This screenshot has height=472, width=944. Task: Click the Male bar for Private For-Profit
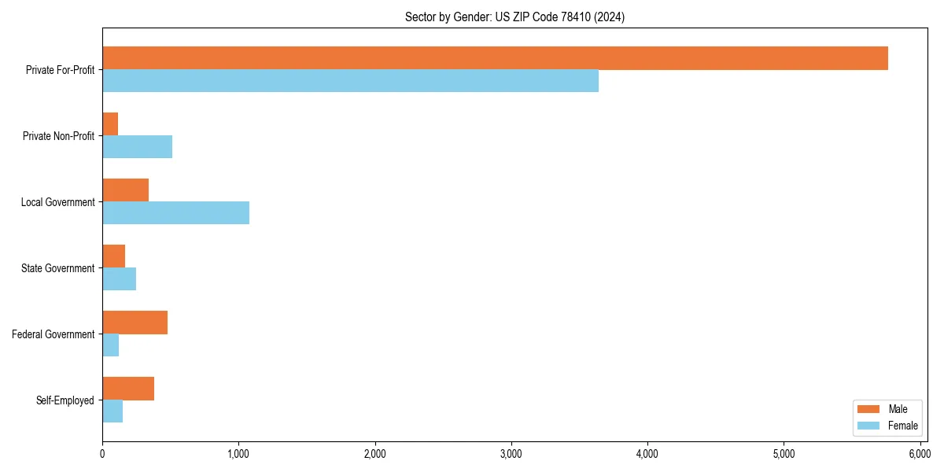(495, 58)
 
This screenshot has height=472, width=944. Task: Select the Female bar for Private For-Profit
(350, 81)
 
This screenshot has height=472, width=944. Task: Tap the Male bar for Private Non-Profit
(110, 124)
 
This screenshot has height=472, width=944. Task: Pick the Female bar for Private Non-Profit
(137, 147)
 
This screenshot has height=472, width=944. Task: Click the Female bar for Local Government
(175, 213)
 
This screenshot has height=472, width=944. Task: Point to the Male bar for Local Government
(125, 190)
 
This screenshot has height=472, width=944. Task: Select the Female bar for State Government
(119, 279)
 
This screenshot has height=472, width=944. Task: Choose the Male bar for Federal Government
(135, 323)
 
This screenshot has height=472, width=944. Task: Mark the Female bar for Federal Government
(110, 345)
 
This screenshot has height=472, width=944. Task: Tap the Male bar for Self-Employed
(128, 389)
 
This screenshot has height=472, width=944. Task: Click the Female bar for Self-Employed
(112, 411)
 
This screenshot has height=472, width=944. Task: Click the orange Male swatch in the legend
(868, 409)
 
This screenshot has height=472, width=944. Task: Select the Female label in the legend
(903, 426)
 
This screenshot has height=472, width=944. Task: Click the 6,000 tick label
(920, 454)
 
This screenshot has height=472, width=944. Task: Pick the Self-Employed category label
(65, 400)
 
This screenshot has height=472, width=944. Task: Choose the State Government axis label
(59, 268)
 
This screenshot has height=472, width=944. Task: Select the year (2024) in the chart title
(610, 17)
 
